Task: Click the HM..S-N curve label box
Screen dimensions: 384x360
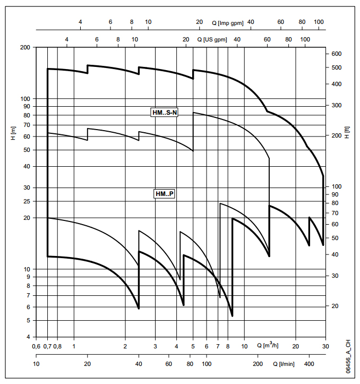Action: [164, 112]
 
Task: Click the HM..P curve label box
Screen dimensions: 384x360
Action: [165, 194]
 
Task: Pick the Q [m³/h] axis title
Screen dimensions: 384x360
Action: [268, 346]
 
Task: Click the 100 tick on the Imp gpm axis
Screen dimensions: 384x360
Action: [319, 22]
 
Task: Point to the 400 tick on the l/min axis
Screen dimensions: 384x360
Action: [309, 364]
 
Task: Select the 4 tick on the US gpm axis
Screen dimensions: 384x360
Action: [67, 40]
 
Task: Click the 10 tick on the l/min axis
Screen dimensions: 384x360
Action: [36, 364]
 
